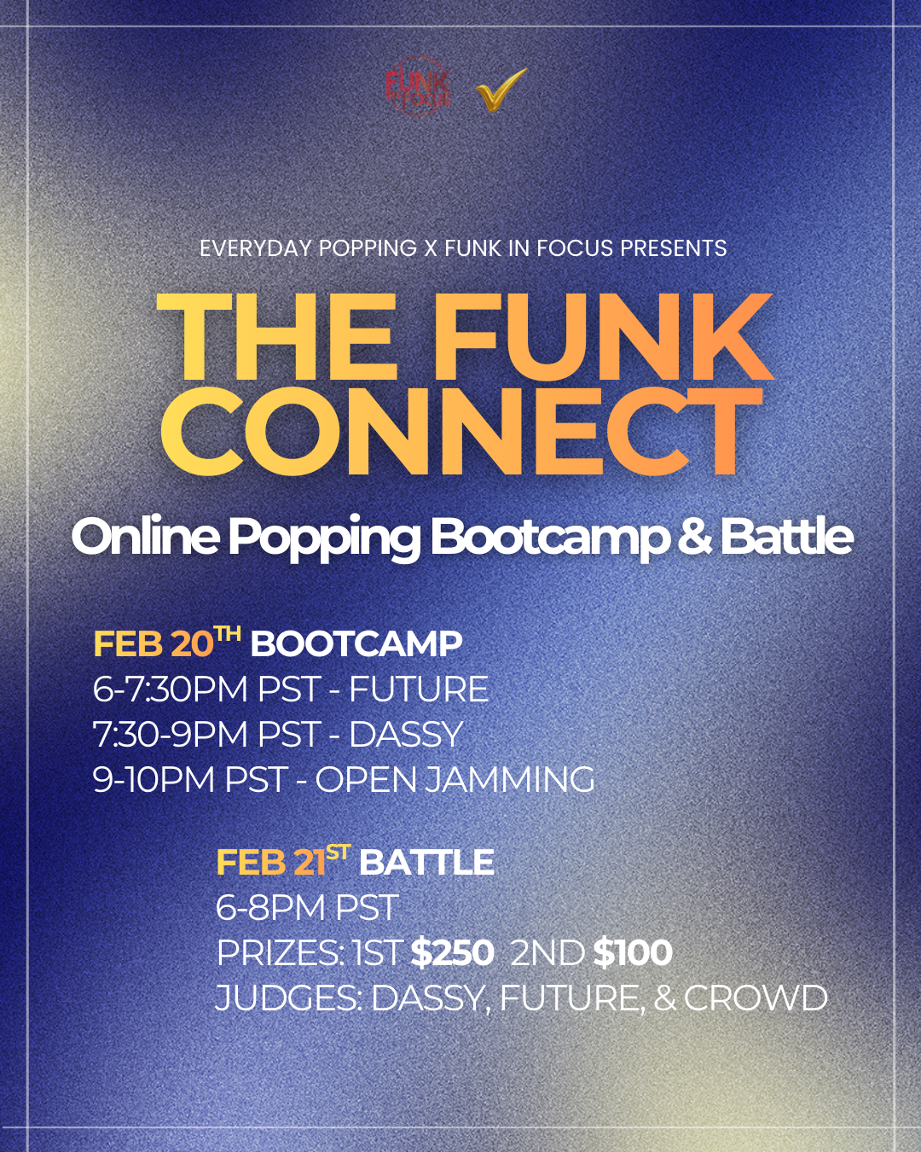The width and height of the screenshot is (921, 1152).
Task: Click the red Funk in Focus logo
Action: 417,87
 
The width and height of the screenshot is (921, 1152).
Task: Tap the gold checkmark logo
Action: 501,90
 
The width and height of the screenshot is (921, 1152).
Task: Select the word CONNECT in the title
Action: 461,431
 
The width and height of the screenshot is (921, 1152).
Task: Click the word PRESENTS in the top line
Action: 673,248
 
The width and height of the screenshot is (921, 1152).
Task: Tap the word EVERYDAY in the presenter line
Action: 256,248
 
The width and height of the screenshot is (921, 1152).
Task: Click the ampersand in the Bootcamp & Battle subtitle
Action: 694,537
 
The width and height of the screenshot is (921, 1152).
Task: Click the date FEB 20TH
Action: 166,643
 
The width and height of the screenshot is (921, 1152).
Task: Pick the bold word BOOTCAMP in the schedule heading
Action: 356,644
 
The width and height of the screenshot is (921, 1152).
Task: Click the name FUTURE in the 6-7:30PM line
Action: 419,689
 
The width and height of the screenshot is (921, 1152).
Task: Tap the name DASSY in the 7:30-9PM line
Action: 406,735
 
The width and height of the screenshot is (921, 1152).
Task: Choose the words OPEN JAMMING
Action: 455,780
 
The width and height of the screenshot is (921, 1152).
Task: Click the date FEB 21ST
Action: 282,861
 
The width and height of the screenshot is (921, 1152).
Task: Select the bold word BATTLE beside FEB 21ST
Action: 426,863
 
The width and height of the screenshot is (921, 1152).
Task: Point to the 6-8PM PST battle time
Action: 307,908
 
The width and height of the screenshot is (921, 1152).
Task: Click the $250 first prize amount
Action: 452,953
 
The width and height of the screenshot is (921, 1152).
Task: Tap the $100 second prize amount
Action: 633,953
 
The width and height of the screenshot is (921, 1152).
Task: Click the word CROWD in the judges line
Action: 755,998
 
